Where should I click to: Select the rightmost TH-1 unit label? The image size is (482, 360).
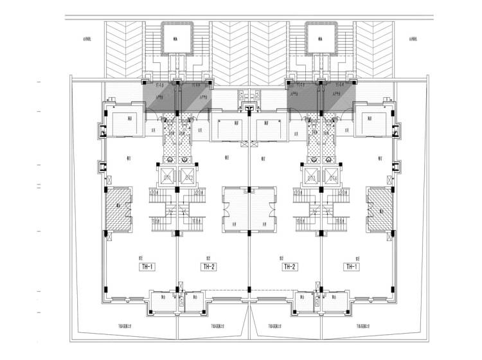[x=351, y=266]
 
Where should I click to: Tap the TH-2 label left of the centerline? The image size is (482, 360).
[x=208, y=266]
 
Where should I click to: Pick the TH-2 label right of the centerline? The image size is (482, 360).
[x=289, y=266]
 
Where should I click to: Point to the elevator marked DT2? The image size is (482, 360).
[x=188, y=177]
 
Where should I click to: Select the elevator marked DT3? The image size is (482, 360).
[x=311, y=177]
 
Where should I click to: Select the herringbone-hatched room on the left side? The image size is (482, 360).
[x=118, y=207]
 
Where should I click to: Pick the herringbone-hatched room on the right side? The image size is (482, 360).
[x=379, y=207]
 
